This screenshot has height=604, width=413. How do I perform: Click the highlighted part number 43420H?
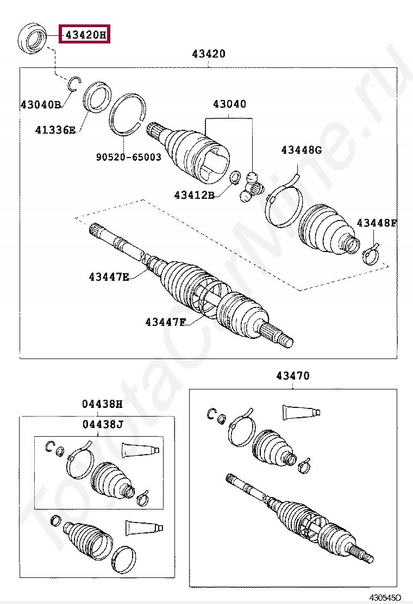85,35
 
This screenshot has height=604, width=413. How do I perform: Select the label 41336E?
55,130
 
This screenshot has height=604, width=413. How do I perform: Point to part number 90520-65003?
129,157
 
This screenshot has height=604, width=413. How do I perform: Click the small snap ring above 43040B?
74,83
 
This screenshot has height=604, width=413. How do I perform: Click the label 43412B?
195,194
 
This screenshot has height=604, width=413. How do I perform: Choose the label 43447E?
109,277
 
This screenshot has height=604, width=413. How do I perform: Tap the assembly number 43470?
292,375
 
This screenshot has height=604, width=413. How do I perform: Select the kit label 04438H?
103,404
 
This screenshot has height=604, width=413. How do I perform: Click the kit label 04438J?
103,424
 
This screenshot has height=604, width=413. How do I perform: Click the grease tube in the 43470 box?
301,412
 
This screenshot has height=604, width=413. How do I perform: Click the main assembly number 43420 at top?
208,54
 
